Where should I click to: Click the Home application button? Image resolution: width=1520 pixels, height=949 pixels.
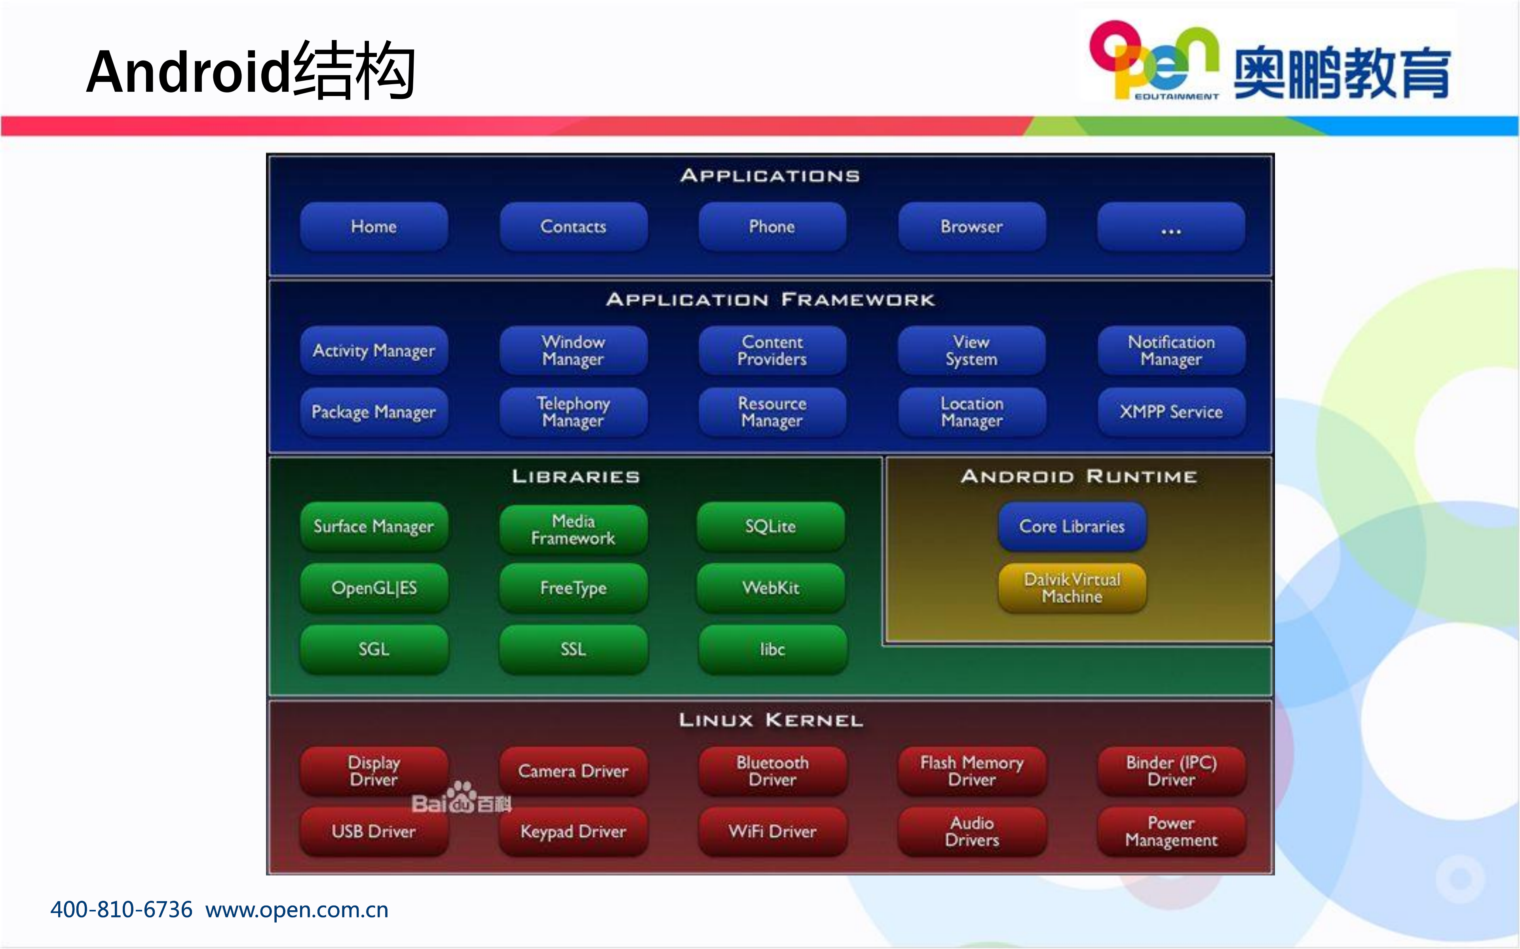pos(374,227)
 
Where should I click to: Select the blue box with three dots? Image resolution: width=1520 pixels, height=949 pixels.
pos(1171,227)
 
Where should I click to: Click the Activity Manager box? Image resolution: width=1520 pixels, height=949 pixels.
pos(374,350)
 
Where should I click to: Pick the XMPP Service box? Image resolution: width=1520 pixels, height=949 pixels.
pos(1171,412)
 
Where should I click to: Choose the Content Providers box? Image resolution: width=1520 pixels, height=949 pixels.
pos(772,350)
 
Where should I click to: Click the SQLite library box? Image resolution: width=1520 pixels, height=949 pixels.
pos(771,526)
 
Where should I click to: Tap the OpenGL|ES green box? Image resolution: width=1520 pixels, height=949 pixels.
pos(374,588)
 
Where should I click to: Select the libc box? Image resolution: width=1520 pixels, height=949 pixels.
pos(772,649)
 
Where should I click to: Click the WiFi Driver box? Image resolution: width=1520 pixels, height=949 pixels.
pos(772,831)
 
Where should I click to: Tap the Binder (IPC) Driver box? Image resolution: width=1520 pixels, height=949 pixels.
pos(1171,771)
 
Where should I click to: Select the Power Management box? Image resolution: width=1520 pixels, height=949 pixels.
pos(1171,831)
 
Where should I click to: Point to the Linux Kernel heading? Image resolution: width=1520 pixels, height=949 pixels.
pos(771,720)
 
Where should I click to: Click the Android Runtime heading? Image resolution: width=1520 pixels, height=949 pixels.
pos(1078,476)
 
